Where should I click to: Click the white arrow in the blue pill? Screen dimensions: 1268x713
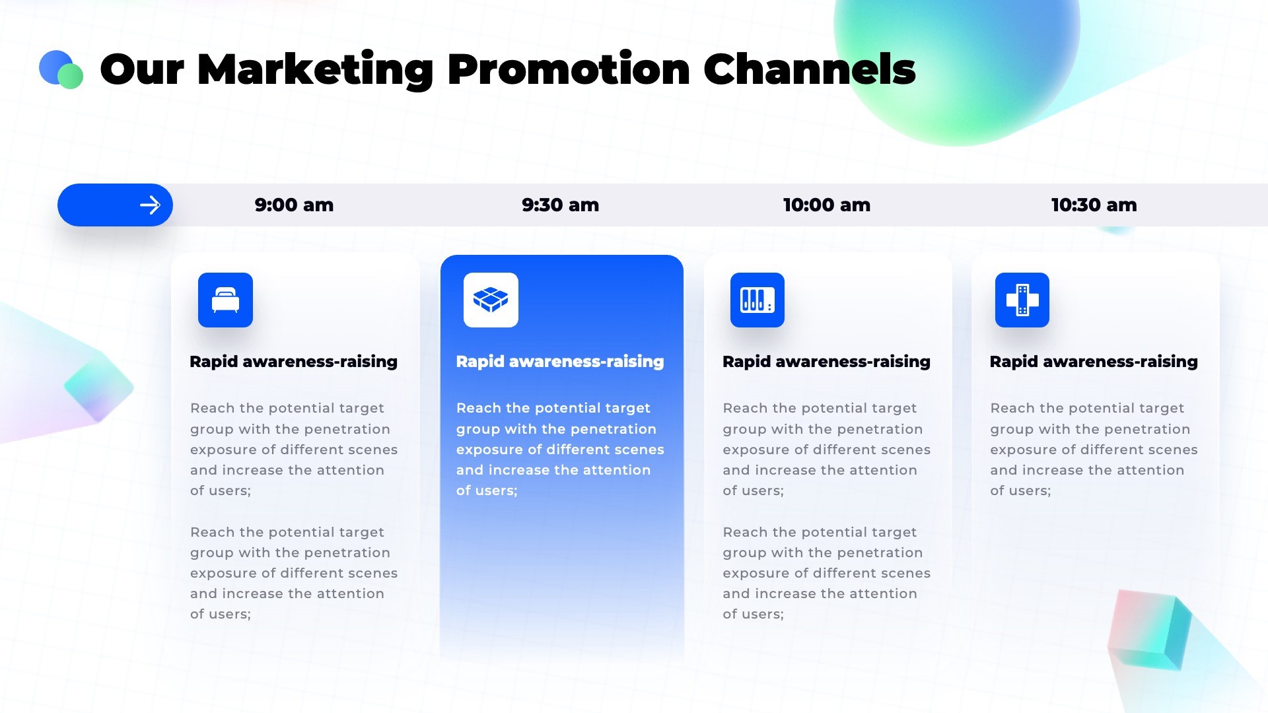coord(150,205)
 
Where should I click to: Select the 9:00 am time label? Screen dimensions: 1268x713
coord(294,205)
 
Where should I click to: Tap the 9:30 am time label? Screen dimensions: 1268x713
coord(560,205)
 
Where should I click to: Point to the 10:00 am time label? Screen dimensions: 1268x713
coord(827,205)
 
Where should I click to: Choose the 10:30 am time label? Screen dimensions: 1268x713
coord(1094,205)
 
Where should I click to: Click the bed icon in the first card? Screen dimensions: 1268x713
coord(225,300)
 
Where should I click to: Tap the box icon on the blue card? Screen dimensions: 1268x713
coord(491,300)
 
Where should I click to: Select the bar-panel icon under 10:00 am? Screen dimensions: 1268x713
coord(757,300)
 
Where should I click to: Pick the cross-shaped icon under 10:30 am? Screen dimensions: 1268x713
coord(1022,300)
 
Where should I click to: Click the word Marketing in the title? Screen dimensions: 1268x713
coord(314,70)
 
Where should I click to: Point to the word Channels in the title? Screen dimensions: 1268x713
coord(810,69)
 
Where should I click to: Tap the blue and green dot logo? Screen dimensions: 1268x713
coord(61,69)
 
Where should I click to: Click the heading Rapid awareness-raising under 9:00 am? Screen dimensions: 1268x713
coord(294,362)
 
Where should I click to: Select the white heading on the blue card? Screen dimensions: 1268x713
coord(560,362)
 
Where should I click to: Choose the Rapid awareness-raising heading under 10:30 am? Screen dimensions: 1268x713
coord(1094,362)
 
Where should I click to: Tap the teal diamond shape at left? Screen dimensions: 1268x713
coord(99,387)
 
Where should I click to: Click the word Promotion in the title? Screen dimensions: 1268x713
coord(569,69)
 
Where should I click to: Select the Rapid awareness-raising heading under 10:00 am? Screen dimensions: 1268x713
coord(826,362)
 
